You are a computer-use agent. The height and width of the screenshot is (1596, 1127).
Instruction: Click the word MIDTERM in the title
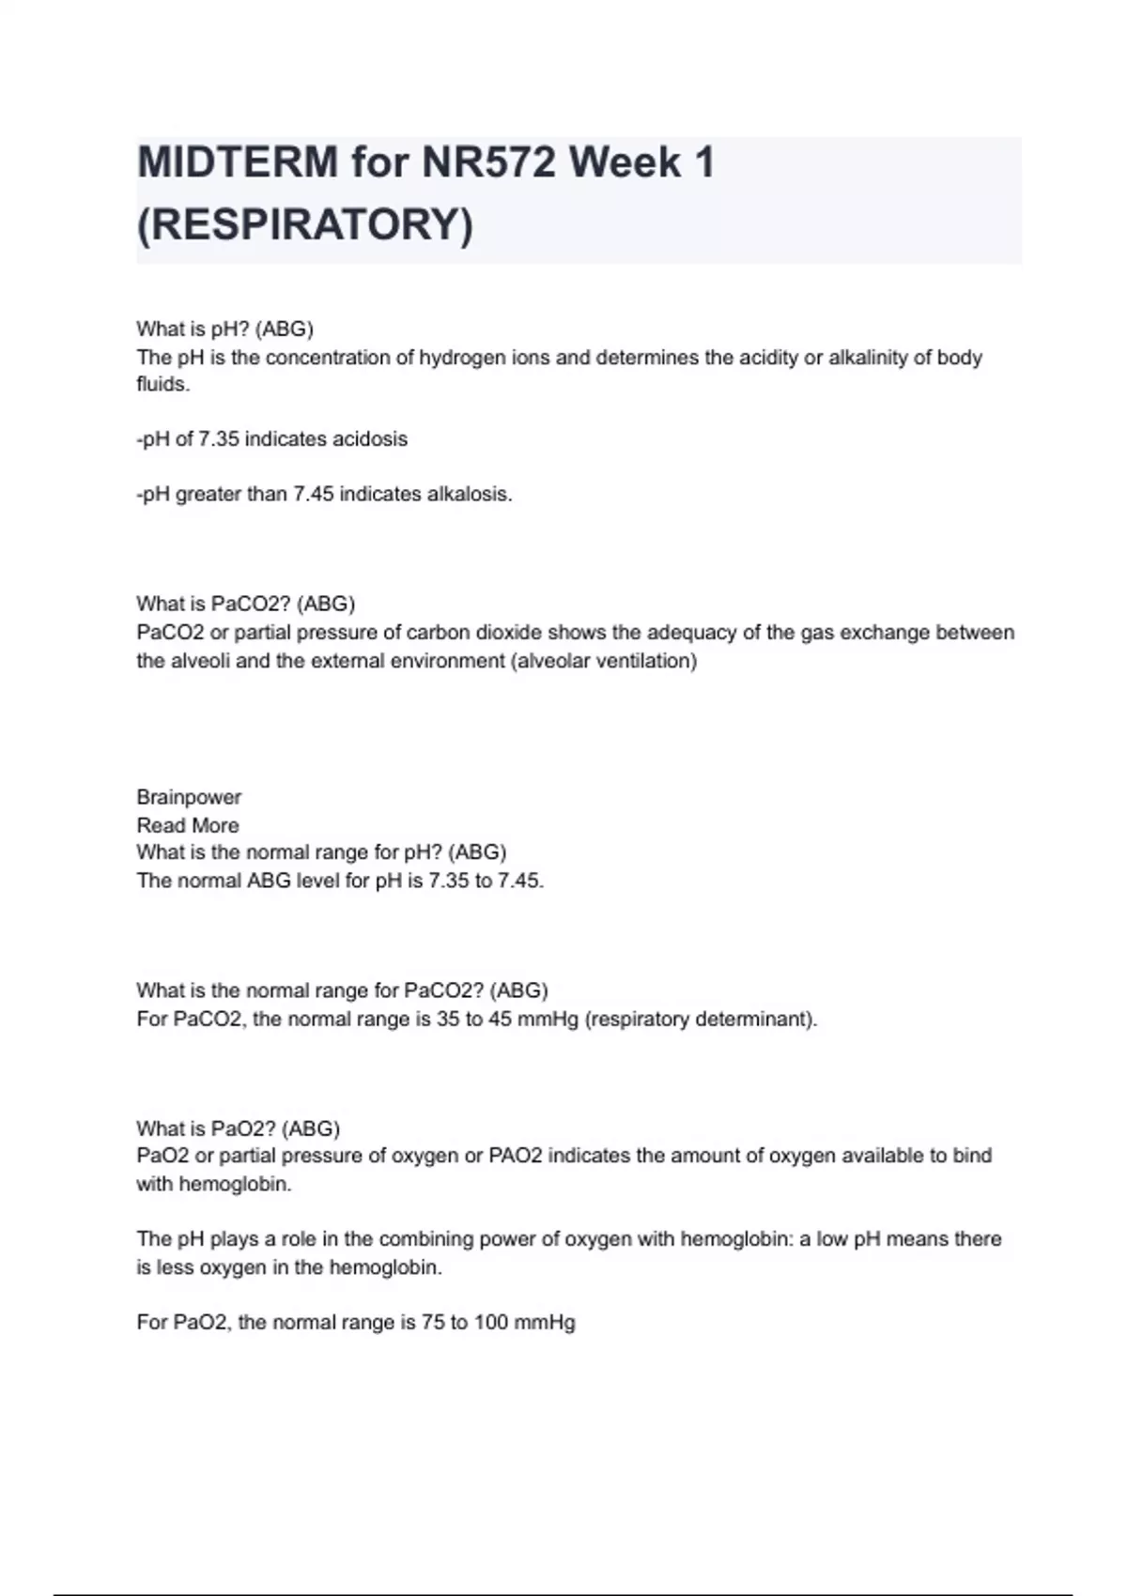(237, 162)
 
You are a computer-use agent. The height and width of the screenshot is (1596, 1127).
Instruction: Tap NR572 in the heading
(487, 162)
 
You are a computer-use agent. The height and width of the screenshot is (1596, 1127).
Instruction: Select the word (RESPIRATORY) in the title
(305, 224)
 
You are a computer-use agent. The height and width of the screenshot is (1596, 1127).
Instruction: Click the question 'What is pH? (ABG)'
(224, 329)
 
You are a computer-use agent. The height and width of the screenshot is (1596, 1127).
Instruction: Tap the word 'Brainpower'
(189, 797)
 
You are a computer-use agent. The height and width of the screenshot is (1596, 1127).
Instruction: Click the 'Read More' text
(188, 825)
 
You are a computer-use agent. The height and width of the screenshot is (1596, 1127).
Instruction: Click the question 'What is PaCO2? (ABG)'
(245, 604)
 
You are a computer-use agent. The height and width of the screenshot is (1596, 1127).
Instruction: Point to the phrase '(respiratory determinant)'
(701, 1019)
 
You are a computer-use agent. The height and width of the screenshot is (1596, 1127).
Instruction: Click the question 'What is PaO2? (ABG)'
(238, 1128)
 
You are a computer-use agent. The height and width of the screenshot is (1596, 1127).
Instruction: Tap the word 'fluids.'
(163, 385)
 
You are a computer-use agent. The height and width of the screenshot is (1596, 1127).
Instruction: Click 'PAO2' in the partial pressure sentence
(516, 1156)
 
